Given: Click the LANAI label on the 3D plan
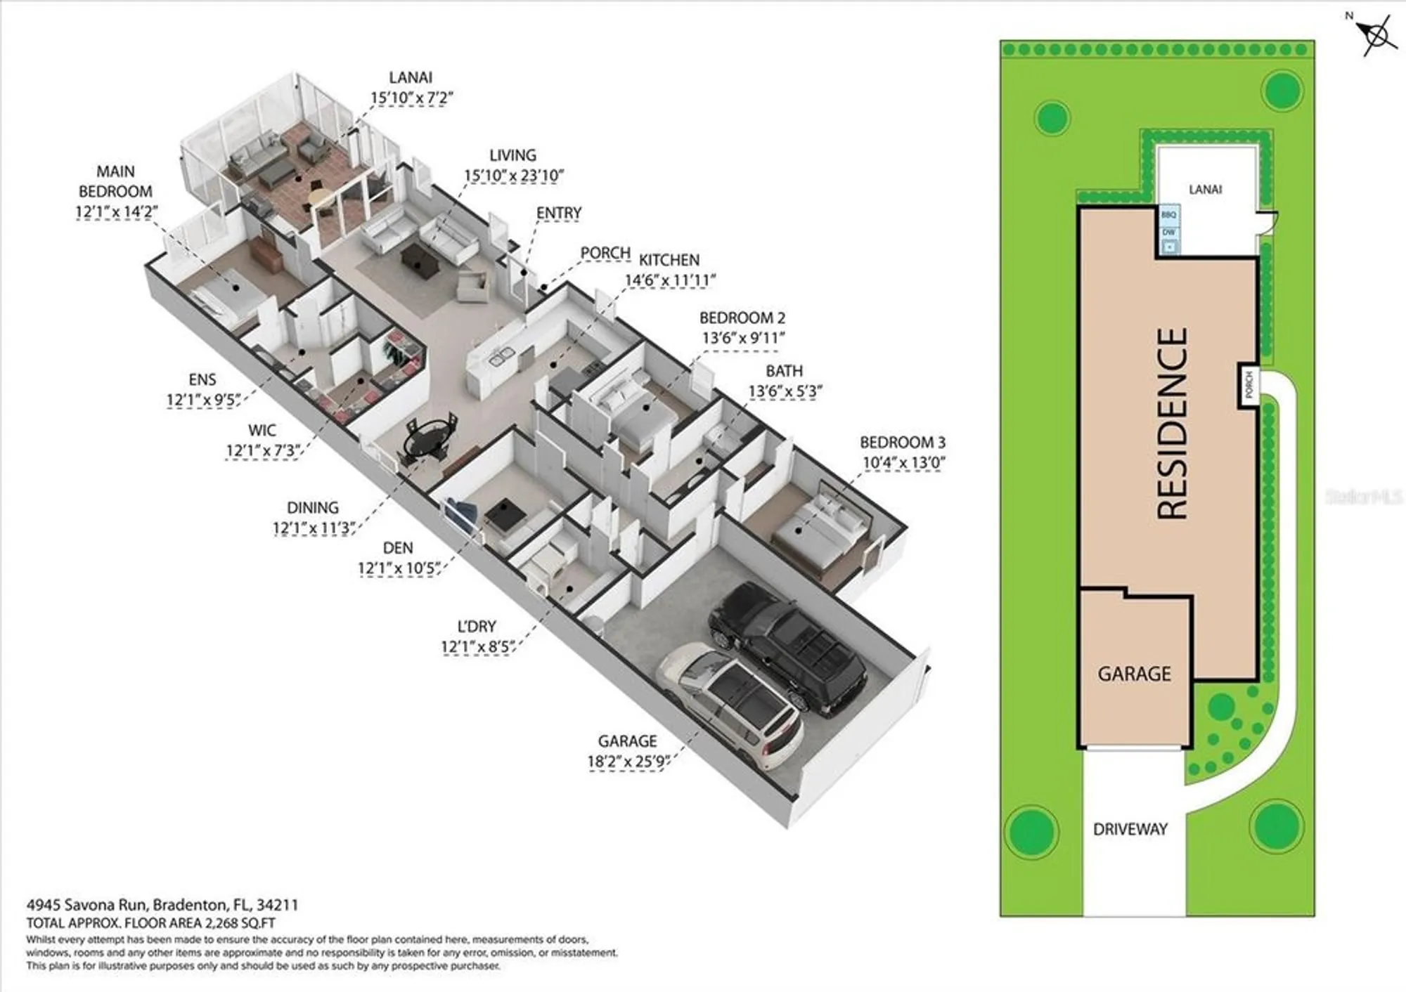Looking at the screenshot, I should pos(411,77).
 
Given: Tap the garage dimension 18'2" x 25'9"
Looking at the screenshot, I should pos(627,762).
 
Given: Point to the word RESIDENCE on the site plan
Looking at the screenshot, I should pos(1172,424).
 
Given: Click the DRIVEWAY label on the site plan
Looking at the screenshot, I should pos(1130,829).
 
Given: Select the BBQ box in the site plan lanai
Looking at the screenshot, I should pos(1168,214).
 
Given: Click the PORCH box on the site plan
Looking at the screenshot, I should pos(1249,385).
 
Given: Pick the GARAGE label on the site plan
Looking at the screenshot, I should pos(1134,674).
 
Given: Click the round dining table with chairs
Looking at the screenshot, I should pos(429,440).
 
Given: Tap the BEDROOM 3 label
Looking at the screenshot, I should pos(902,443).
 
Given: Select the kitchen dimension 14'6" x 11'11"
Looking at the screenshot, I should pos(670,280).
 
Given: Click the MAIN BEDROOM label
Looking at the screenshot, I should pos(115,181).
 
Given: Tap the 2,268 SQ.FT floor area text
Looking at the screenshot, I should pos(240,923).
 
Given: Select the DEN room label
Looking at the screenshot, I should pos(398,547).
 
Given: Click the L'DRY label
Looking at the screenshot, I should pos(477,626).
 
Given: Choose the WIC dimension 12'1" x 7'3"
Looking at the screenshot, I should pos(262,450).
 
